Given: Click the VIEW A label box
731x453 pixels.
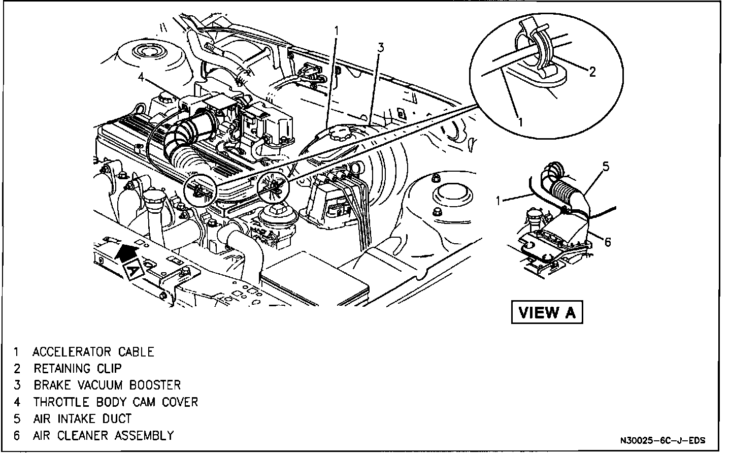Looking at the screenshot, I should click(546, 312).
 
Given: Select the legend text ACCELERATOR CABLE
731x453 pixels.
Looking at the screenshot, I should click(93, 352).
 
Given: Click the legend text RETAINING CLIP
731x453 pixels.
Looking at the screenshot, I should click(78, 368).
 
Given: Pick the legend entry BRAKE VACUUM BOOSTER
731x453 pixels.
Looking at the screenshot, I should click(107, 385).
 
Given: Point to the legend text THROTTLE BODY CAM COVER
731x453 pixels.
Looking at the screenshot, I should click(115, 402).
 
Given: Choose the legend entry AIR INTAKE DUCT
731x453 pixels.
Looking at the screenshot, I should click(82, 418).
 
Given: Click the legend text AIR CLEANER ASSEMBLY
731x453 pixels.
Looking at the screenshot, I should click(103, 435).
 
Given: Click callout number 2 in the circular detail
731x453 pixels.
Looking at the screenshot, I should click(592, 72).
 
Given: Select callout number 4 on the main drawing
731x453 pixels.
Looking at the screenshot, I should click(141, 78).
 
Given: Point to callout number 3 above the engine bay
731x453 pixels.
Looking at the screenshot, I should click(380, 48).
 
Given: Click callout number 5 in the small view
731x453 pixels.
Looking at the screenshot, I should click(606, 166).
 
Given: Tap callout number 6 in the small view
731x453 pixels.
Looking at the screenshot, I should click(608, 242).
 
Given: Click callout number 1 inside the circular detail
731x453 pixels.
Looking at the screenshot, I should click(520, 121).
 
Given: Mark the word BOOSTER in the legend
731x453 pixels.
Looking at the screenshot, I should click(155, 385).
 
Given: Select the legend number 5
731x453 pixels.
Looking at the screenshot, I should click(17, 418).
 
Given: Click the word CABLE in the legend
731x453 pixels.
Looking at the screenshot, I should click(136, 352).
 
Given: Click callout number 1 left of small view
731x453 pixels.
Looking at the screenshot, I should click(499, 201).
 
